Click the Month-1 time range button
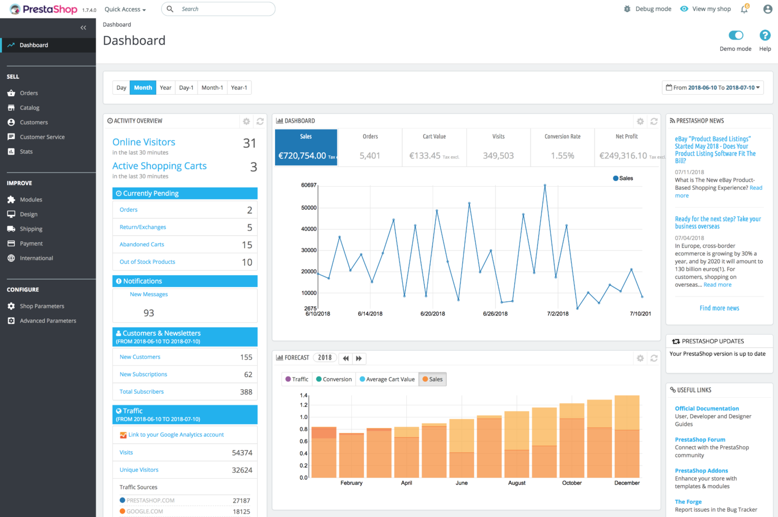click(212, 88)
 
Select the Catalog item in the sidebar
click(29, 108)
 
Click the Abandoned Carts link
click(141, 245)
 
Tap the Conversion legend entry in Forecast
click(334, 379)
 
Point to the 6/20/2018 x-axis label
click(433, 314)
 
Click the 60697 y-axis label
click(309, 185)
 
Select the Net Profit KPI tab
click(627, 147)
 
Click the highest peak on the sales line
click(545, 185)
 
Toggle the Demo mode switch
click(736, 35)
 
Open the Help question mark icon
click(765, 35)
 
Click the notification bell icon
click(744, 9)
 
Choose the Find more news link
click(719, 308)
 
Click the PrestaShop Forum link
click(700, 440)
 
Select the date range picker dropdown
click(713, 88)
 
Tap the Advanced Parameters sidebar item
click(48, 321)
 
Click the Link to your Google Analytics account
click(176, 435)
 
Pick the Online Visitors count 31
click(250, 143)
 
